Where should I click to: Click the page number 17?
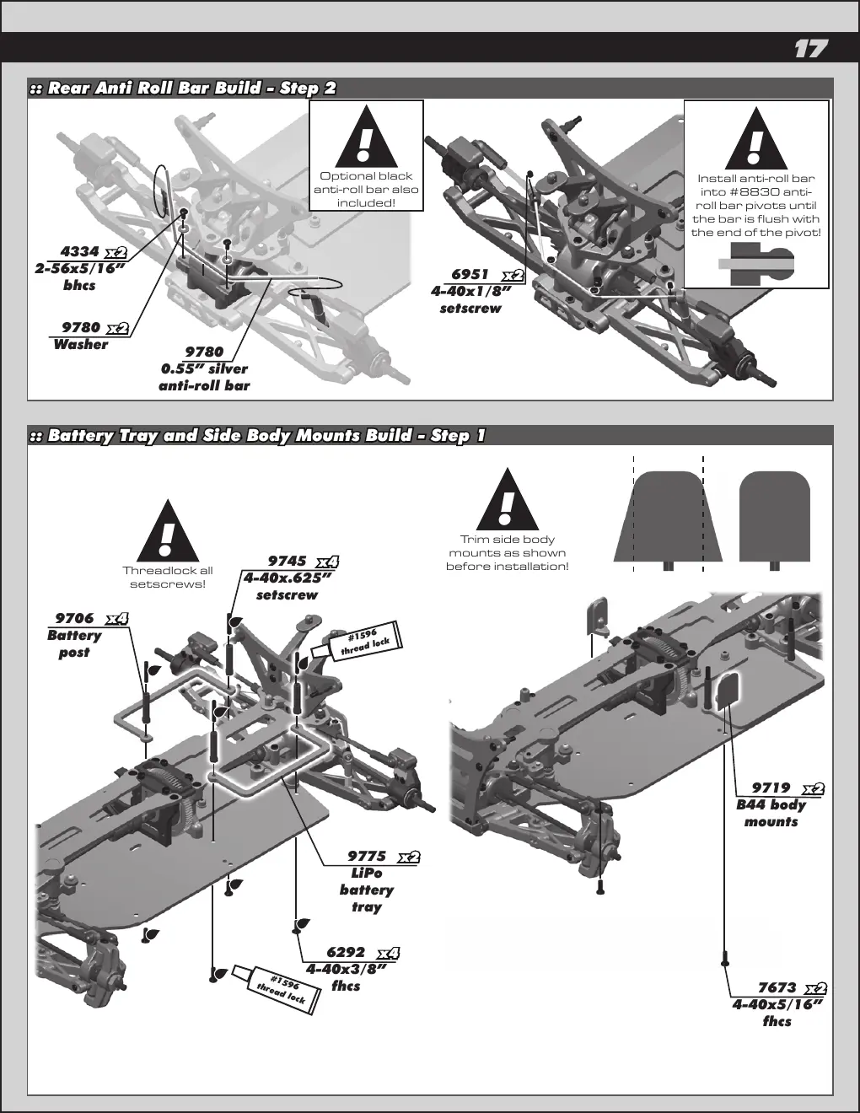(x=811, y=49)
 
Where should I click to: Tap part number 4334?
(x=79, y=251)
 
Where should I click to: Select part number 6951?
(x=470, y=275)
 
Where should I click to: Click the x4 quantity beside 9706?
(x=117, y=619)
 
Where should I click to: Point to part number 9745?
(x=287, y=562)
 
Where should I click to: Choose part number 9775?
(x=367, y=856)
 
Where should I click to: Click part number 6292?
(x=346, y=952)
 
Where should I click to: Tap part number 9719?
(x=771, y=788)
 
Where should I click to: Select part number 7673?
(x=777, y=987)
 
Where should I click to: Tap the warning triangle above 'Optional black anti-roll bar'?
(x=366, y=136)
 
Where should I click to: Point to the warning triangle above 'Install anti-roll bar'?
(x=756, y=138)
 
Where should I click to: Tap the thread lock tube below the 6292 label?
(x=277, y=990)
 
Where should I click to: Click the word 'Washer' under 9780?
(x=80, y=345)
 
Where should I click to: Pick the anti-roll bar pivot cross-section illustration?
(x=756, y=264)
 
